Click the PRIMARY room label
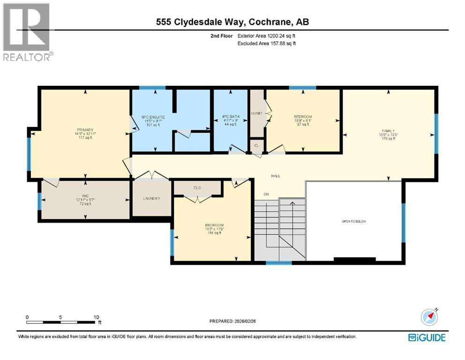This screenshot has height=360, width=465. click(86, 130)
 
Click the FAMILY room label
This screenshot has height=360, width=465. click(388, 131)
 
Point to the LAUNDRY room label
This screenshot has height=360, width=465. click(151, 198)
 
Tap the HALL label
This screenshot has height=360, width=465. click(275, 176)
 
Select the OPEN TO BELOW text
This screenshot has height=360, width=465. click(354, 220)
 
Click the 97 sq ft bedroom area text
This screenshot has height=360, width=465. click(303, 124)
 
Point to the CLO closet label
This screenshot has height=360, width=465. click(197, 187)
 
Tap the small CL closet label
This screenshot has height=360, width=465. click(256, 145)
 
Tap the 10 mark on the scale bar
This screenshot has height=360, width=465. click(96, 317)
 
